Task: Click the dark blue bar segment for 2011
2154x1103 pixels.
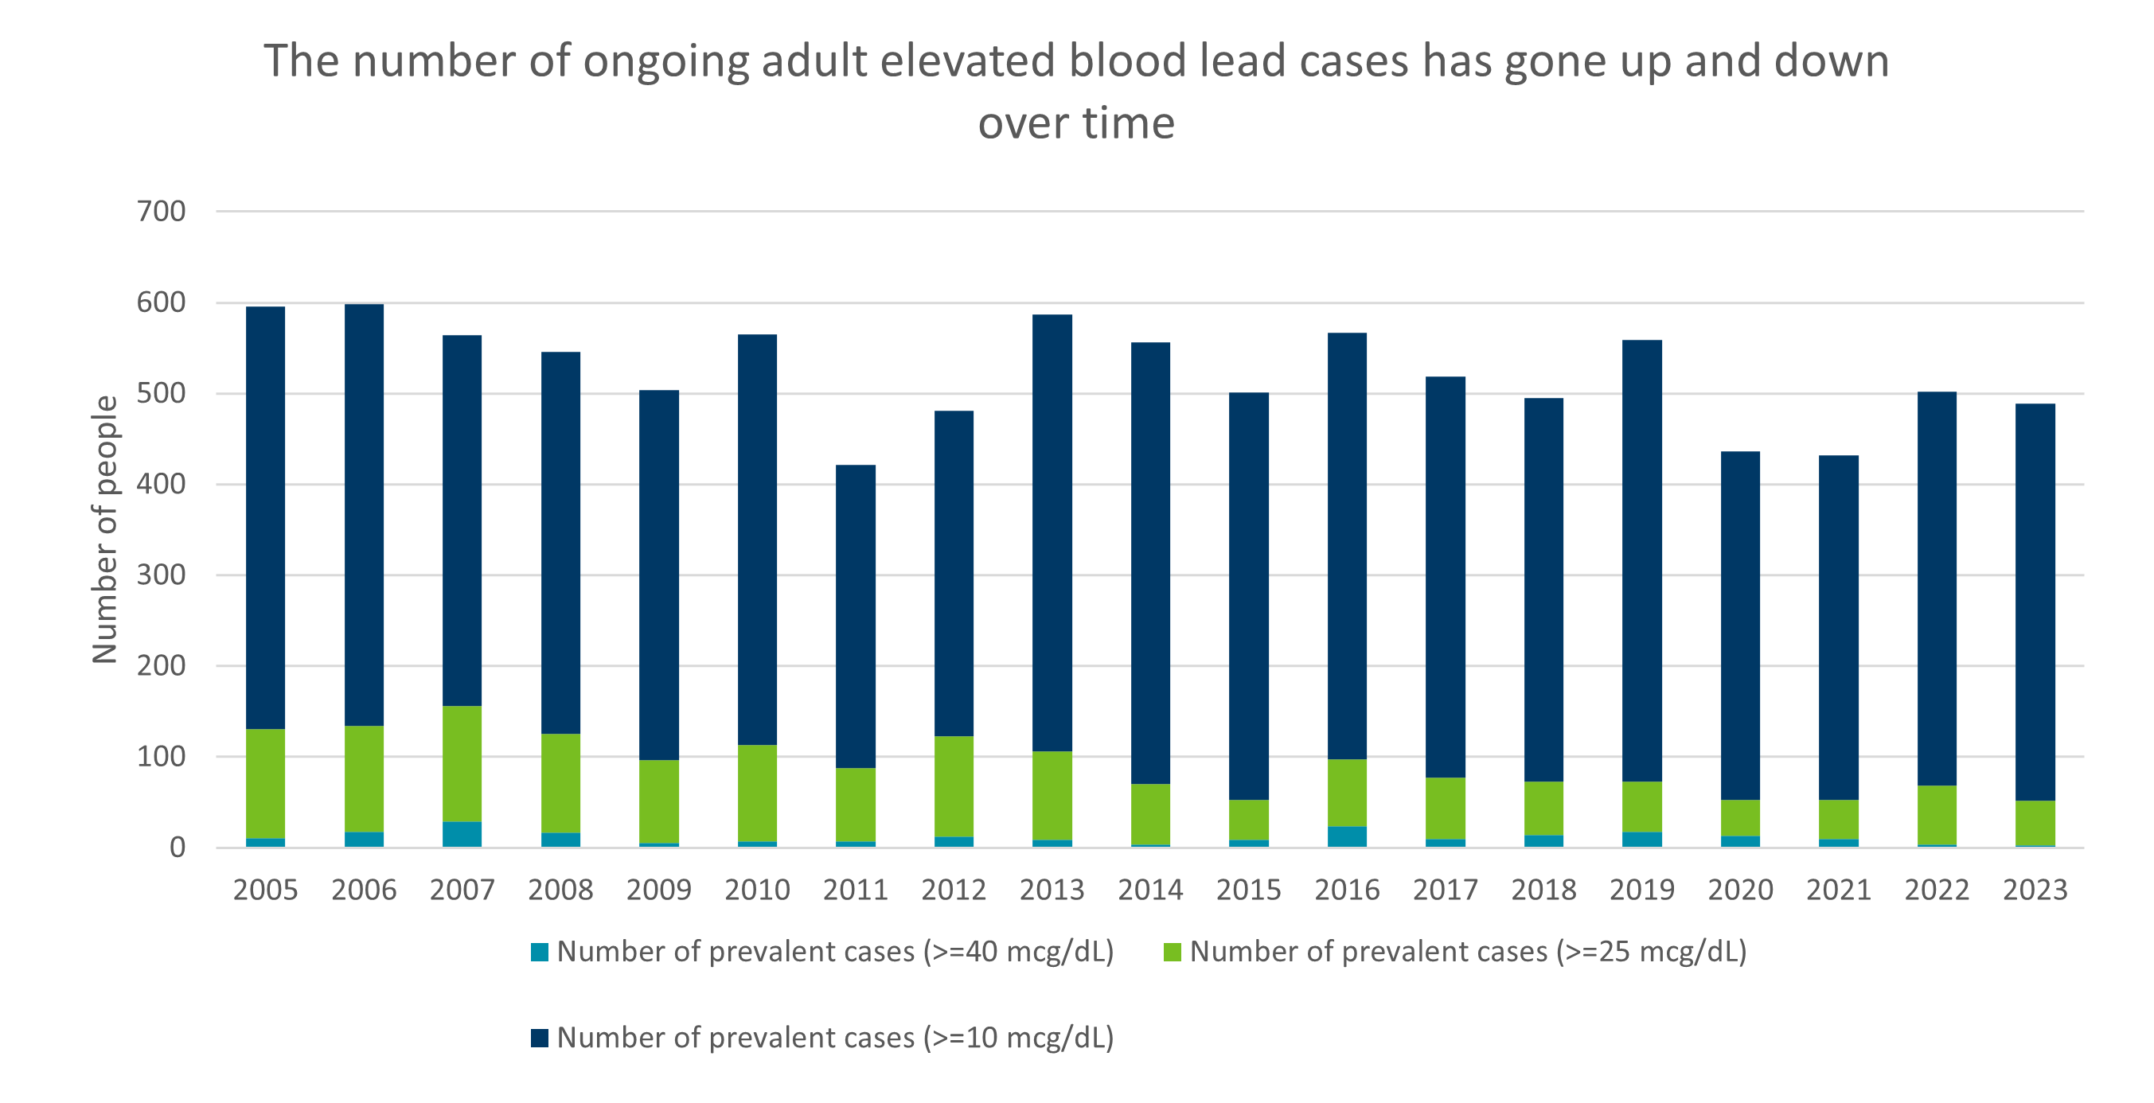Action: (856, 615)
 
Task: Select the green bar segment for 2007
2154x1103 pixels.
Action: (462, 763)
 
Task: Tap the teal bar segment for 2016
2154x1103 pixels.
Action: (1346, 836)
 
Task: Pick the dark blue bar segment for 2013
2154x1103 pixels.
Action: (1052, 532)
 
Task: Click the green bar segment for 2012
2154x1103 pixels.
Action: (954, 786)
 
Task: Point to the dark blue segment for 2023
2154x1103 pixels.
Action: (2035, 602)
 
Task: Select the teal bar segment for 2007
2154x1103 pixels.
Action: (462, 834)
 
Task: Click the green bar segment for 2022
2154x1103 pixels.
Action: (1937, 814)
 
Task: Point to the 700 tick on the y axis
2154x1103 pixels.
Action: (162, 212)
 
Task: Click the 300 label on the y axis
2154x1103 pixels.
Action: (162, 575)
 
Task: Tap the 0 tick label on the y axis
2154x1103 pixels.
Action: (178, 848)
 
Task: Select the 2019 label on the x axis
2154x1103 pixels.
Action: (1641, 890)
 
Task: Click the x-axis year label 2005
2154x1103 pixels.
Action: (265, 890)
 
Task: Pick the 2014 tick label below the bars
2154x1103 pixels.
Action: (1149, 890)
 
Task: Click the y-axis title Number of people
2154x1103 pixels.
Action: (105, 529)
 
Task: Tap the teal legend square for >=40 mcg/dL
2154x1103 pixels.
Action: (540, 952)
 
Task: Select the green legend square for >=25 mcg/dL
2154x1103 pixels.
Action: (1173, 952)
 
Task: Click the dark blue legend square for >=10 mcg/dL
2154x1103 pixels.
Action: (540, 1038)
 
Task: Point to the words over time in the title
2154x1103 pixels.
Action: (1076, 124)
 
